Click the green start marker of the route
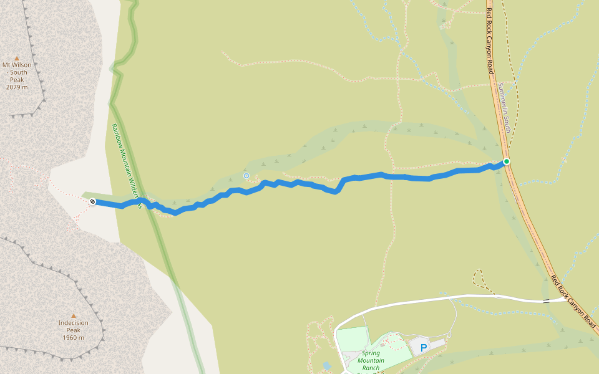pyautogui.click(x=507, y=161)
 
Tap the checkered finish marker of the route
pyautogui.click(x=92, y=201)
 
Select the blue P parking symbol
pyautogui.click(x=424, y=348)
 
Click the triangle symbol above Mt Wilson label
pyautogui.click(x=17, y=57)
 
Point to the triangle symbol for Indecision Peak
pyautogui.click(x=73, y=315)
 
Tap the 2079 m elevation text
pyautogui.click(x=17, y=87)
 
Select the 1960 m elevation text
pyautogui.click(x=73, y=338)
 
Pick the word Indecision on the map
pyautogui.click(x=73, y=323)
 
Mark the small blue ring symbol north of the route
pyautogui.click(x=246, y=176)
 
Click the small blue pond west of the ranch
pyautogui.click(x=326, y=366)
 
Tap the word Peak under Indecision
pyautogui.click(x=73, y=330)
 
